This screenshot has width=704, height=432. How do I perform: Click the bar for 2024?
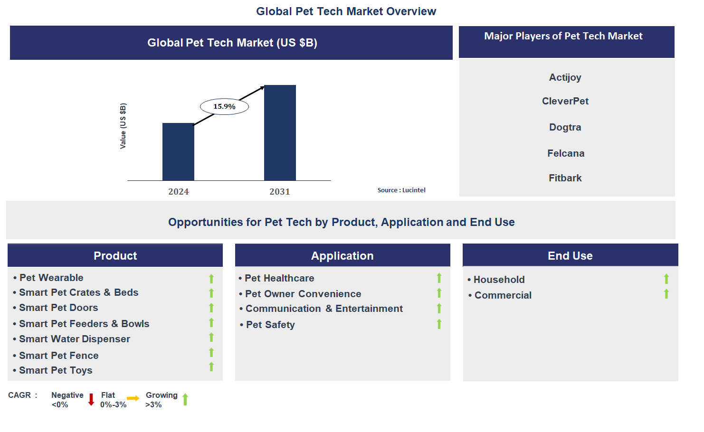coord(178,152)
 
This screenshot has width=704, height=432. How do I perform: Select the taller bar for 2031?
coord(280,133)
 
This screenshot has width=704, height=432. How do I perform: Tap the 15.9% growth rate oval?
coord(224,107)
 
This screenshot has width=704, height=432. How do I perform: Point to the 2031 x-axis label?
coord(280,192)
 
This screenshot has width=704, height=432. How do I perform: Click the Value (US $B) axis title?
coord(123,126)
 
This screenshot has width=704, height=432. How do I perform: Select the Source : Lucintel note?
coord(401,190)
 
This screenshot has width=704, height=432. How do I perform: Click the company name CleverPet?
coord(565,101)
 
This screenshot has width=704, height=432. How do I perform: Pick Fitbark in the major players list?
coord(565,178)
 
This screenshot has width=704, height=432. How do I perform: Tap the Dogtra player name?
coord(565,127)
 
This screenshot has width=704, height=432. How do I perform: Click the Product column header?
coord(115,256)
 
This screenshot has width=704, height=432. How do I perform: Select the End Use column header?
coord(570,256)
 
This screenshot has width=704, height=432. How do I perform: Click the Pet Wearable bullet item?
coord(51,278)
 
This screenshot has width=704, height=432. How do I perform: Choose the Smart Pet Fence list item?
coord(58,356)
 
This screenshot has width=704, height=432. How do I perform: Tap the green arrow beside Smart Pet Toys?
coord(211,367)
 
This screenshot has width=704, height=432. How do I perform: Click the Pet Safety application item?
coord(270,325)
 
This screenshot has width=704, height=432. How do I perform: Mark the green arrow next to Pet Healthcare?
coord(439,278)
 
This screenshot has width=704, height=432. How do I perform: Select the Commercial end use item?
coord(503,295)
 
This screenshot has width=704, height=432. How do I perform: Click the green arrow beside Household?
coord(666,279)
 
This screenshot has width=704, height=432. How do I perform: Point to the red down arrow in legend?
coord(91,400)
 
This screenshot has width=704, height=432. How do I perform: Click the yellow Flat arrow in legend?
coord(133,398)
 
